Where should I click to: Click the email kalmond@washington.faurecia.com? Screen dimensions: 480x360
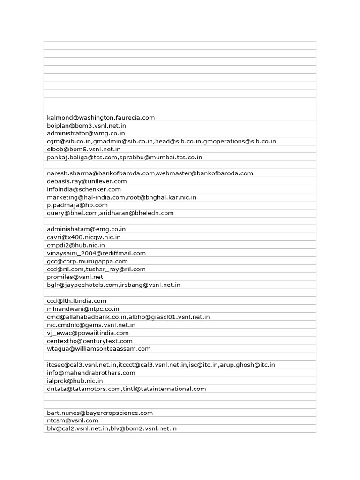click(101, 117)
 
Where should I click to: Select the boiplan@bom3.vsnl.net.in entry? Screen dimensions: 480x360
click(86, 125)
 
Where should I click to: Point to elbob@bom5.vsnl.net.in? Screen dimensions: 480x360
click(84, 149)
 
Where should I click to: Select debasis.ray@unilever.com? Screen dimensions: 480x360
click(87, 181)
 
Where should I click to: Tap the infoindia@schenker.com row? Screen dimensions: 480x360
click(84, 189)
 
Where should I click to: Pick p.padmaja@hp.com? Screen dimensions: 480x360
click(77, 205)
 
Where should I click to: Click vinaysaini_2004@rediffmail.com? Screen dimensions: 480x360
click(96, 253)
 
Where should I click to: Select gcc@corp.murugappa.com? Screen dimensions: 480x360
click(87, 261)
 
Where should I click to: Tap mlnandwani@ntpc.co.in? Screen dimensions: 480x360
click(83, 309)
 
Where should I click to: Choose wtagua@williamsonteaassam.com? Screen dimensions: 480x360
click(99, 349)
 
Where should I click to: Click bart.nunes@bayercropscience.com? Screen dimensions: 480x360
click(100, 412)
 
